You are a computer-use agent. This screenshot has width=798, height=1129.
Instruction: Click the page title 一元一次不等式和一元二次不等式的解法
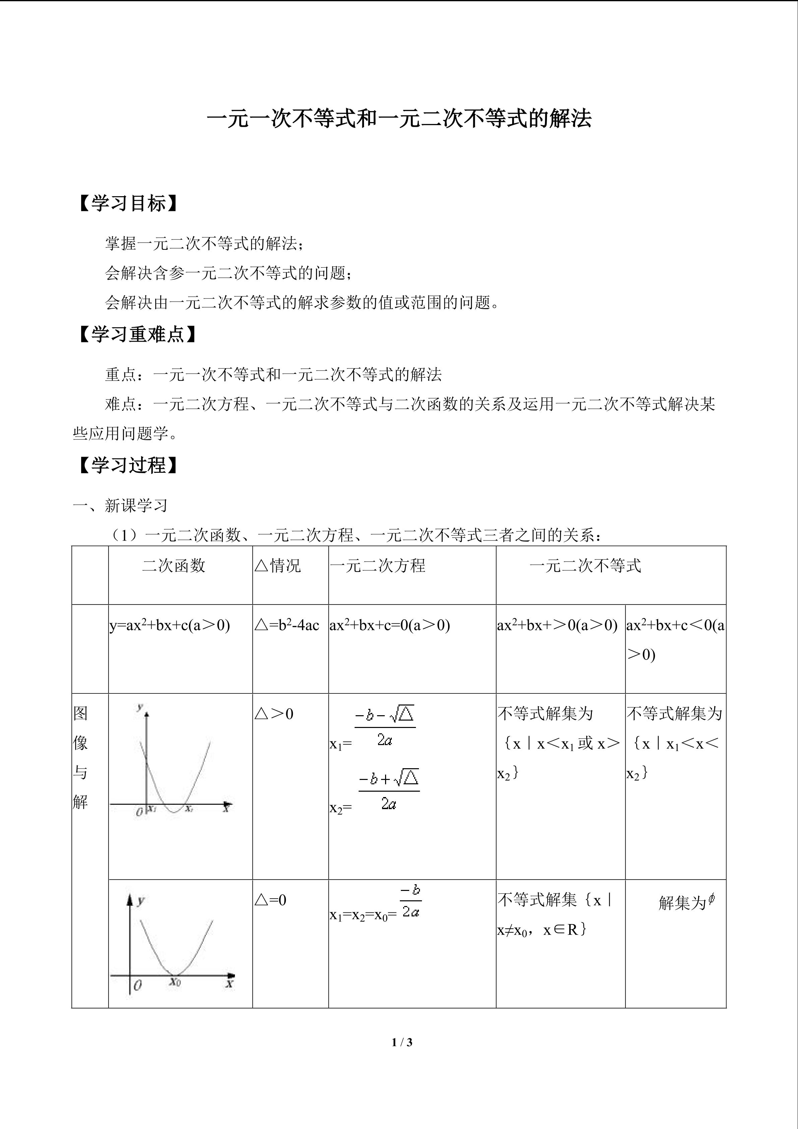tap(399, 118)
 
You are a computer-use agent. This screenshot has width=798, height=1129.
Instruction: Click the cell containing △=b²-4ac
tap(287, 625)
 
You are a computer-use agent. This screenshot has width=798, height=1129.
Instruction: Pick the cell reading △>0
tap(274, 714)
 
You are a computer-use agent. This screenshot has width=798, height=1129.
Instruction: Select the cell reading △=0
tap(270, 900)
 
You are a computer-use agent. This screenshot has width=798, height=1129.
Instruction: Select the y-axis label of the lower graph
tap(141, 901)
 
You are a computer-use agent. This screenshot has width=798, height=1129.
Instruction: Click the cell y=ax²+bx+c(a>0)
tap(170, 625)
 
